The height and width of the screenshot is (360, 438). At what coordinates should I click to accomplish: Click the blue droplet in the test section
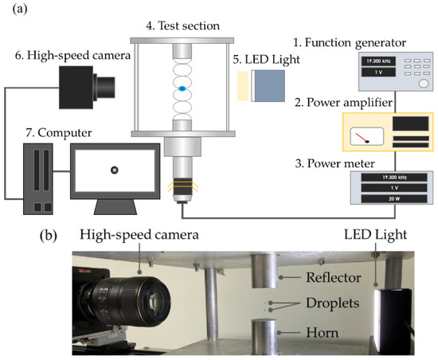coord(182,89)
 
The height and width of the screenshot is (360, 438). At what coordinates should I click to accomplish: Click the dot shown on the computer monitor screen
coord(114,169)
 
